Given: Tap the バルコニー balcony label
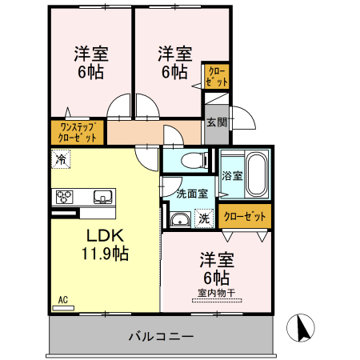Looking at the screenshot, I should [x=161, y=337].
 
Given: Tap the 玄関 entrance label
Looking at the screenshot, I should [x=215, y=122].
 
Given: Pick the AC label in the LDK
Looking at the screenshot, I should [x=62, y=300].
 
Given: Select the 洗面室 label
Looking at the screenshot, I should [x=192, y=193].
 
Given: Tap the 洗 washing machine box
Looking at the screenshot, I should [x=204, y=218].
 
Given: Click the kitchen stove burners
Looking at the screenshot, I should [x=65, y=196].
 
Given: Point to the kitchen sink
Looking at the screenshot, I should [x=102, y=197].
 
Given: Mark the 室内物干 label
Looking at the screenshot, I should [x=216, y=293].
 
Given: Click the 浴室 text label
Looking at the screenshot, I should [x=233, y=176].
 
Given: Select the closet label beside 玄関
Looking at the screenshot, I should [x=217, y=76].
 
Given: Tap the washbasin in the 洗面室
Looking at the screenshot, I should [x=180, y=220].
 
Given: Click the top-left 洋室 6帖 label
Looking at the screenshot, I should [x=91, y=62].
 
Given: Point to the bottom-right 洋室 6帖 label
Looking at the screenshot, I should [x=216, y=269].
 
